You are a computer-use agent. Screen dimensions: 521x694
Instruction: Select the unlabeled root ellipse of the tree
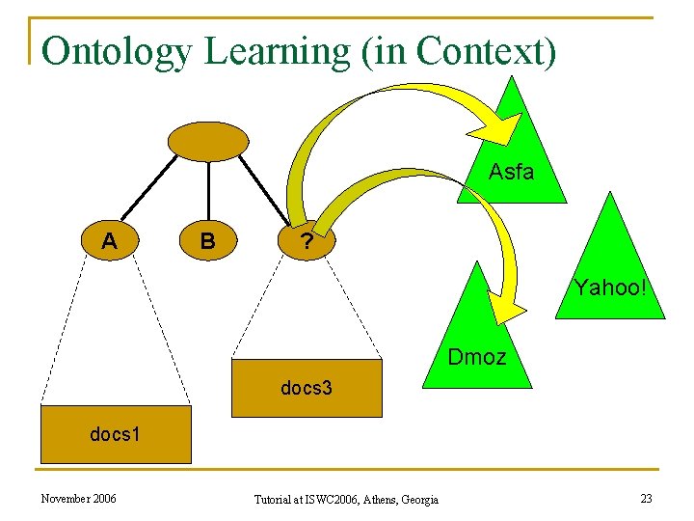pyautogui.click(x=208, y=141)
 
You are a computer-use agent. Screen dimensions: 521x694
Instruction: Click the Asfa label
pyautogui.click(x=511, y=173)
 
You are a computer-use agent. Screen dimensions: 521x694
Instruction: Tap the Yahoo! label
pyautogui.click(x=610, y=288)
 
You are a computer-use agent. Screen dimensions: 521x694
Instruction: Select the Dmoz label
pyautogui.click(x=476, y=357)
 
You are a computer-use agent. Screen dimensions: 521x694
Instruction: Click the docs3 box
pyautogui.click(x=307, y=388)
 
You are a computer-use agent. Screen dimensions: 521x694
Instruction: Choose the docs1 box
pyautogui.click(x=115, y=434)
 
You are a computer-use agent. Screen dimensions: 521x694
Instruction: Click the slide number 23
pyautogui.click(x=645, y=498)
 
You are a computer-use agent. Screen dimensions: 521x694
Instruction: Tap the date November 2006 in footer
pyautogui.click(x=78, y=498)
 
